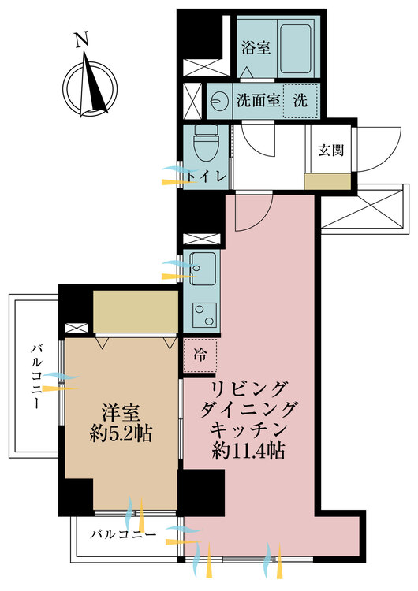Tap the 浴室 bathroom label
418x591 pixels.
(x=256, y=48)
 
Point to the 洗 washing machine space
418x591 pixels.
(x=300, y=101)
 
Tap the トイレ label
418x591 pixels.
(x=211, y=175)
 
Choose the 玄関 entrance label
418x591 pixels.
(x=330, y=151)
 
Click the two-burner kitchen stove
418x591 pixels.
(x=204, y=314)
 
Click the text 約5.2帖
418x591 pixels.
(x=121, y=433)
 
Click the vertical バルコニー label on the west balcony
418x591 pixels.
(x=36, y=377)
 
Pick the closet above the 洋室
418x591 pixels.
(x=135, y=312)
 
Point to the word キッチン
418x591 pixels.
(x=248, y=430)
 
